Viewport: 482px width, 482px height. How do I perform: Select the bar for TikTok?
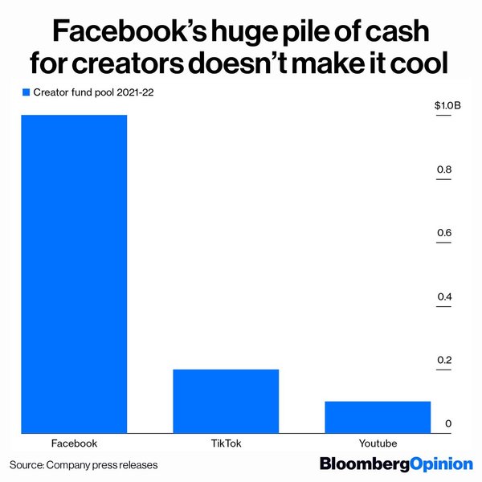(226, 400)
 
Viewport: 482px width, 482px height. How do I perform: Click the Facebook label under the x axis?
(74, 443)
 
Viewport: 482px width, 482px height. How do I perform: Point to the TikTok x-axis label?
(226, 443)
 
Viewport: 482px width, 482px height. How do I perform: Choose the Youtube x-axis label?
(378, 443)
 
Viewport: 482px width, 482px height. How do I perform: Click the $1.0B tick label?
(447, 105)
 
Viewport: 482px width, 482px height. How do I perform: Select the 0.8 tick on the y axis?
(444, 170)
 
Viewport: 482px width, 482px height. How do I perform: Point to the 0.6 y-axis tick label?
(444, 234)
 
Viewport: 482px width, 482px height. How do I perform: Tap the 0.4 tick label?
(444, 297)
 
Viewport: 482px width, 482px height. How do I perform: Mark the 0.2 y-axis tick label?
(444, 361)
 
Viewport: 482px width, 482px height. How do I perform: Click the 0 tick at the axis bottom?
(447, 424)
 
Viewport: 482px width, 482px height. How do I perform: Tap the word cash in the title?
(398, 33)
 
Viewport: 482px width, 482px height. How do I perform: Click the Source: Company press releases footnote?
(84, 465)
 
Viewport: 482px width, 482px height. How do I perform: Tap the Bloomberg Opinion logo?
(396, 464)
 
